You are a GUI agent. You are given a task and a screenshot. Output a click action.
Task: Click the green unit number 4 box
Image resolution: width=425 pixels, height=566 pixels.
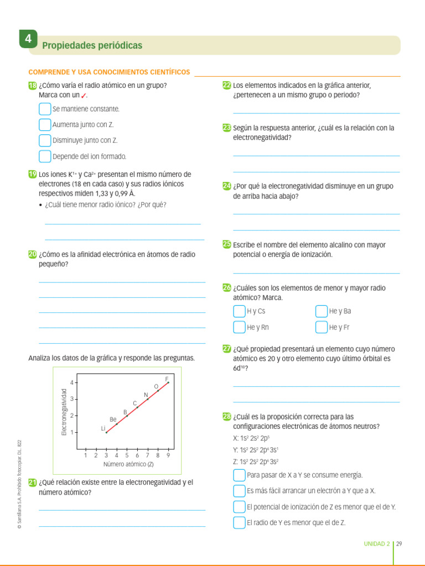pos(28,40)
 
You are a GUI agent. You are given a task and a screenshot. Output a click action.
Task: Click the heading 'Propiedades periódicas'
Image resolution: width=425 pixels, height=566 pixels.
pos(92,45)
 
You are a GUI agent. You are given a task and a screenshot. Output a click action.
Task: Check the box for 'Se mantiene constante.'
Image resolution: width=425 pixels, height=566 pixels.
pos(45,109)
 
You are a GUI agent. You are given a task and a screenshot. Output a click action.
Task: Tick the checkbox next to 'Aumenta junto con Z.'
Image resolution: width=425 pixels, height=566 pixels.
pos(45,124)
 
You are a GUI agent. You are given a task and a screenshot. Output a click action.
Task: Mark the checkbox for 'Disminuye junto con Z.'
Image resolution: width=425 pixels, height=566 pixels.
pos(45,140)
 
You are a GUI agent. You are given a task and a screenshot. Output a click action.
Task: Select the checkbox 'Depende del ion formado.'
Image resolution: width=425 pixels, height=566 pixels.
pos(45,156)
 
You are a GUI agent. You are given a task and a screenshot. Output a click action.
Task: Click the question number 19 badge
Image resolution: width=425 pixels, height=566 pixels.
pos(32,174)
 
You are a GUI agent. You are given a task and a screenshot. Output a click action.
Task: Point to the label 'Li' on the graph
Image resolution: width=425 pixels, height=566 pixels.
pos(103,428)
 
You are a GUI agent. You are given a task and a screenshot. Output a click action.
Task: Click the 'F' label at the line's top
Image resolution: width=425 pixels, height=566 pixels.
pos(167,379)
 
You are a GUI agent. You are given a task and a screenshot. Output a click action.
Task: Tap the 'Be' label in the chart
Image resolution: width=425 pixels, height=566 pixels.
pos(113,419)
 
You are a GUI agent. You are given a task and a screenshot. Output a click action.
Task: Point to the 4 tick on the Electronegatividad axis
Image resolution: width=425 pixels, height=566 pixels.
pos(72,382)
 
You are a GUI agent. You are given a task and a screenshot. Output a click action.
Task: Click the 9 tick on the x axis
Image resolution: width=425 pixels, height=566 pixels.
pos(168,455)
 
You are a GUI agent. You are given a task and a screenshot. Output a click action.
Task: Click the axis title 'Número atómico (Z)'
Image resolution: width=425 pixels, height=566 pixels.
pos(128,464)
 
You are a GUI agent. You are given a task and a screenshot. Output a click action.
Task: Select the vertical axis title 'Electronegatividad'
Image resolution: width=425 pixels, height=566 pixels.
pos(64,412)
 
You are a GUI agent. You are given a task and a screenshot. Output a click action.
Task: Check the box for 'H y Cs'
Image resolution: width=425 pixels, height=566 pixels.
pos(239,311)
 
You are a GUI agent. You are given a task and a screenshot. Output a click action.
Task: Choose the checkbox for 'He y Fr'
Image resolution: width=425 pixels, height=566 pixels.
pos(322,327)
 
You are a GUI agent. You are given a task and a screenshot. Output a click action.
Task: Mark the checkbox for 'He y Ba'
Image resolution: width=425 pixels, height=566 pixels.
pos(322,311)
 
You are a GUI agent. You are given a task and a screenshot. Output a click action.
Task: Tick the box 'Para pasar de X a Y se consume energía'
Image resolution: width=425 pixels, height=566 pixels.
pos(239,475)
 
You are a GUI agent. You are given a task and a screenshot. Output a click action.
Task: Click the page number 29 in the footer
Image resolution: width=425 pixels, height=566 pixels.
pos(399,543)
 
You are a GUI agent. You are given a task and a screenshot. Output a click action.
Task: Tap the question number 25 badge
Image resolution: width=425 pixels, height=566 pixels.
pos(227,244)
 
